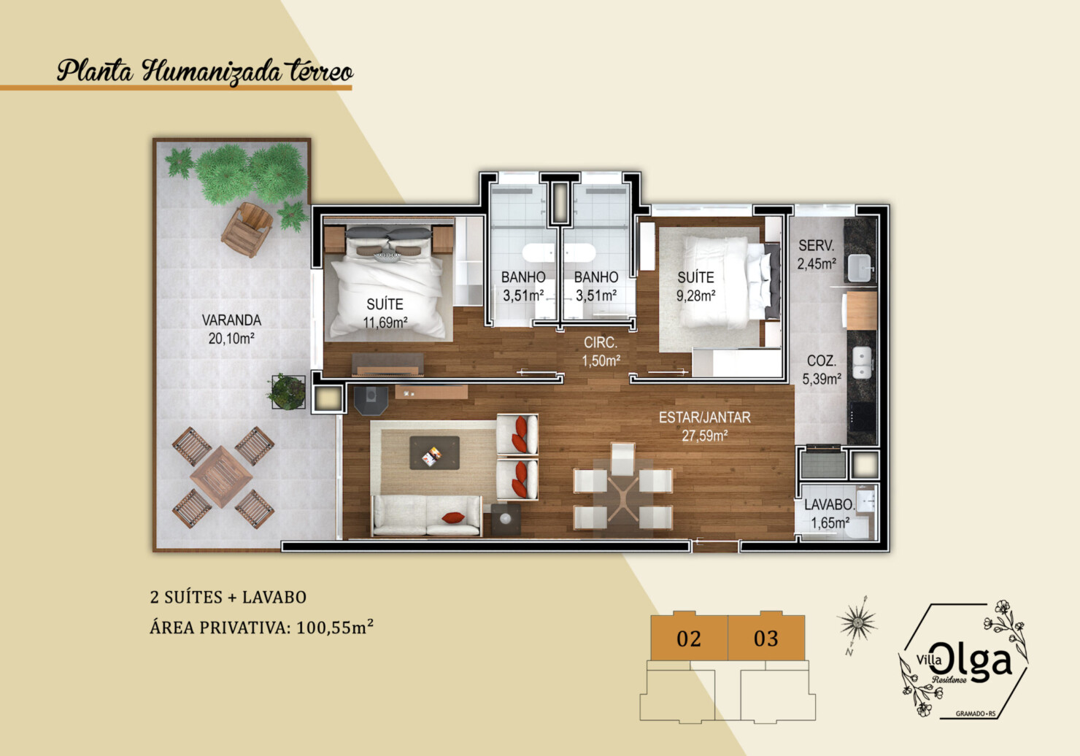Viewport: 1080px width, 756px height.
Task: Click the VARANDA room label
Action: [x=231, y=320]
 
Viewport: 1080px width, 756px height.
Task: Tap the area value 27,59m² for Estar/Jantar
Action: [x=704, y=436]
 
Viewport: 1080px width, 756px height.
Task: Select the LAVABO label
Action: [x=829, y=505]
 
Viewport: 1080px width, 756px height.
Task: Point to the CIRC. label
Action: [x=601, y=342]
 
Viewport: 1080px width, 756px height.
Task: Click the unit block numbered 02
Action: [x=689, y=637]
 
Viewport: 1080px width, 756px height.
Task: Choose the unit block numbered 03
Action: [x=766, y=637]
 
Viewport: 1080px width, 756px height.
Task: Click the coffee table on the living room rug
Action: [x=434, y=452]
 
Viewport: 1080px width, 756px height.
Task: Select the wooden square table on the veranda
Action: [x=221, y=477]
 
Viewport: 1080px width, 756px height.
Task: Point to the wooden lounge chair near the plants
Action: [x=247, y=229]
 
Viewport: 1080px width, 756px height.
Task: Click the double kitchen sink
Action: [x=862, y=363]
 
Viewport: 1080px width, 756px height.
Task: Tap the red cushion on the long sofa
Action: [x=453, y=518]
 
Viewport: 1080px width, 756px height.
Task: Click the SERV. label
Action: [x=816, y=245]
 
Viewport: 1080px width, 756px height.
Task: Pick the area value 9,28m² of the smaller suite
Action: [x=695, y=296]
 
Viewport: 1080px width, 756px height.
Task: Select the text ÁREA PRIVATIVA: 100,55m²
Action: [x=262, y=628]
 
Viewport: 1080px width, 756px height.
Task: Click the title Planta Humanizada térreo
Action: [x=205, y=72]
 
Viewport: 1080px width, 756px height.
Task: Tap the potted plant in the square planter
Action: [x=288, y=391]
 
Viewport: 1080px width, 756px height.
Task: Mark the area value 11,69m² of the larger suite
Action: [x=385, y=323]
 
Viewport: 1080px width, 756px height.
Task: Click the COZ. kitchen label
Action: [x=822, y=360]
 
